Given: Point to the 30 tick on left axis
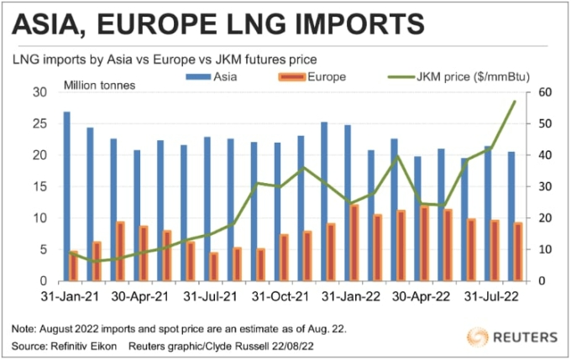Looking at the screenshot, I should pyautogui.click(x=38, y=92).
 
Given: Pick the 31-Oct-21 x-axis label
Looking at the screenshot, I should pyautogui.click(x=278, y=297).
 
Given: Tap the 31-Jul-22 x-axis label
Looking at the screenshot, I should pyautogui.click(x=486, y=297).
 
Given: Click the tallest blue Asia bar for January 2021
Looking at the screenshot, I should pyautogui.click(x=66, y=196).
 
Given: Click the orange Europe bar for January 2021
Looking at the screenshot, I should pyautogui.click(x=73, y=265).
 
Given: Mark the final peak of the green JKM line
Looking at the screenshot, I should pyautogui.click(x=514, y=101).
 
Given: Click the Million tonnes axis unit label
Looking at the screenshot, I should pyautogui.click(x=98, y=86).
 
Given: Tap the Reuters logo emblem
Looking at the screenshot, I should pyautogui.click(x=479, y=337).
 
